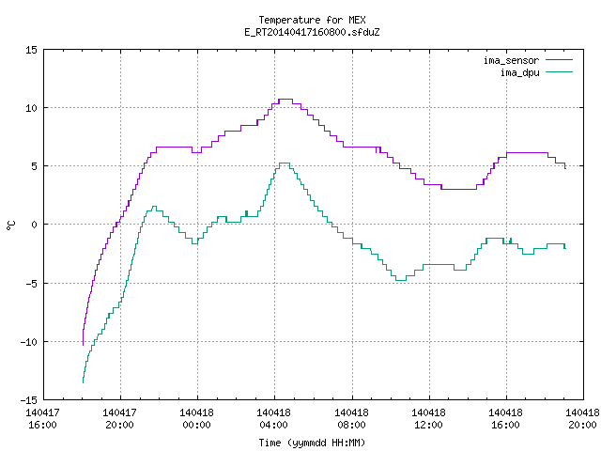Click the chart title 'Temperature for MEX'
[x=312, y=20]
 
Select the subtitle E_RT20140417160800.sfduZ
[x=312, y=32]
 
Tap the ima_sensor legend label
[x=511, y=60]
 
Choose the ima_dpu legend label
[x=519, y=72]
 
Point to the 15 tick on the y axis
[x=32, y=50]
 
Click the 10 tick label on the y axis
[x=32, y=108]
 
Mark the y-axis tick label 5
[x=35, y=166]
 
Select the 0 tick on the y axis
[x=35, y=225]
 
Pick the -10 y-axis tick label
[x=29, y=342]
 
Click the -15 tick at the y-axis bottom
[x=29, y=400]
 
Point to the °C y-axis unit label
[x=11, y=225]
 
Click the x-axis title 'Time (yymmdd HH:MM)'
[x=312, y=443]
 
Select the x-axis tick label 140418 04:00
[x=273, y=418]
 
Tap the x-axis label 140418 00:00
[x=196, y=418]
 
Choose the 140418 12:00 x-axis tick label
[x=428, y=418]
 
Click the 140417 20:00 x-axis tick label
[x=119, y=418]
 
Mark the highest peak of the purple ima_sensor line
[x=285, y=100]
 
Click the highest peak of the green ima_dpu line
[x=285, y=163]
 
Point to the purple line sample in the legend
[x=559, y=60]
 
